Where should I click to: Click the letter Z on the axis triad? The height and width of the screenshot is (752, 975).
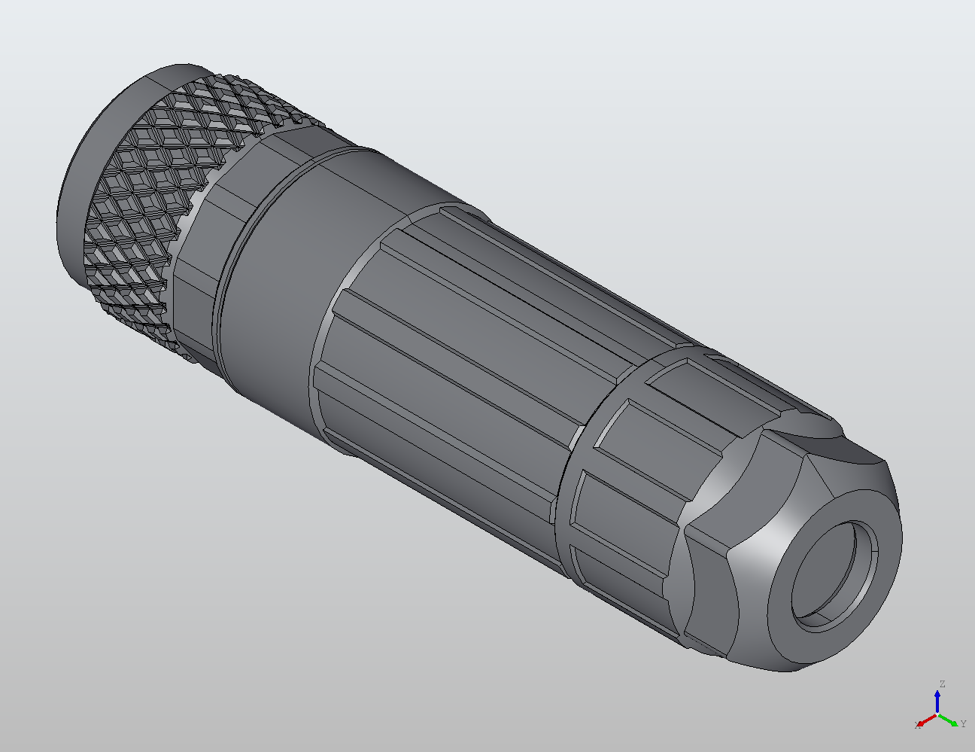tap(941, 684)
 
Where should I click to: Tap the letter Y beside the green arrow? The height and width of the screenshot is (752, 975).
tap(963, 723)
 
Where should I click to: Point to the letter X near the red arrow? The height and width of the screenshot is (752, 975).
tap(918, 725)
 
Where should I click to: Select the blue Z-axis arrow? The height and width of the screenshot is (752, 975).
tap(937, 700)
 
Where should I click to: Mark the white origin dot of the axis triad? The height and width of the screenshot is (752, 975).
tap(937, 714)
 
